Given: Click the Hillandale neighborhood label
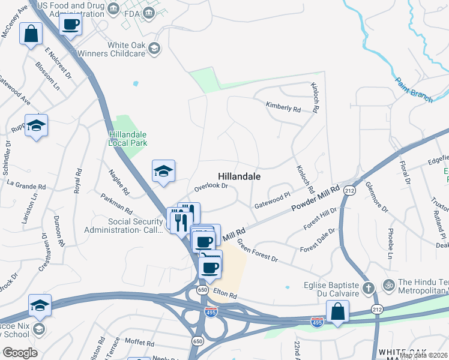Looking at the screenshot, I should [239, 177].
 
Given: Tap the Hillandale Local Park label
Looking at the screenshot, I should [128, 139].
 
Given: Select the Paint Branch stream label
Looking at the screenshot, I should [414, 90].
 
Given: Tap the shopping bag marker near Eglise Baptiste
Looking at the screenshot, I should [337, 312].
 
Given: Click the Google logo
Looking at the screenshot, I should [19, 353].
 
